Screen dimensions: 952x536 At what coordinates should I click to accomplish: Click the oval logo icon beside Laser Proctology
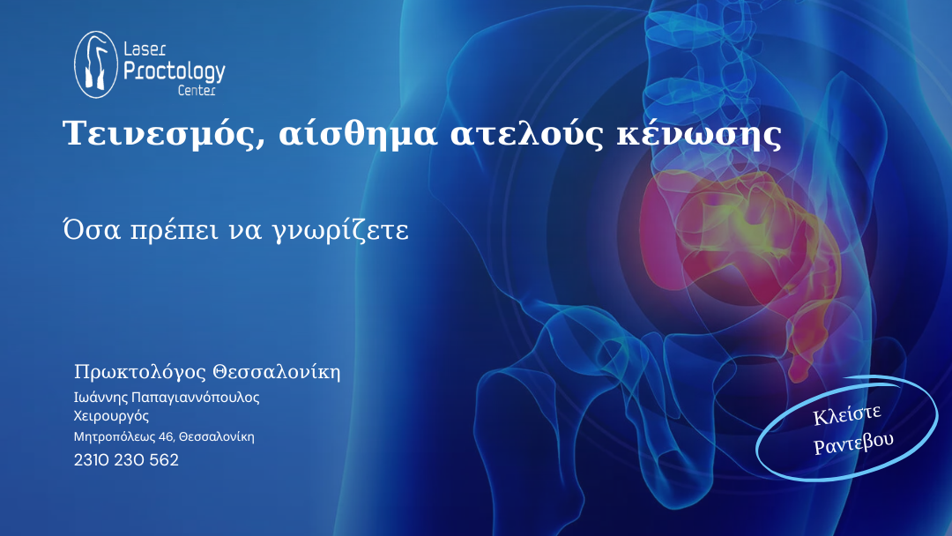pyautogui.click(x=96, y=64)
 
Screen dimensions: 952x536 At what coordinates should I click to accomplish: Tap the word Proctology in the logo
pyautogui.click(x=175, y=71)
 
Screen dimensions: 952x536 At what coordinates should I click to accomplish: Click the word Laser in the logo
pyautogui.click(x=145, y=49)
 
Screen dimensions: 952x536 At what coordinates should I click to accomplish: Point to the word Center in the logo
pyautogui.click(x=197, y=91)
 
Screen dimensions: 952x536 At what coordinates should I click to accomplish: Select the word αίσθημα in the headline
pyautogui.click(x=358, y=133)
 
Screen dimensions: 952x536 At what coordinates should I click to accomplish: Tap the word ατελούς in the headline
pyautogui.click(x=527, y=133)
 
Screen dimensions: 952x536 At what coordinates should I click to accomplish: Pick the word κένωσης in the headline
pyautogui.click(x=699, y=133)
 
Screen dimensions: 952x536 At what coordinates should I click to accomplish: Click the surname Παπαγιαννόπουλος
pyautogui.click(x=195, y=398)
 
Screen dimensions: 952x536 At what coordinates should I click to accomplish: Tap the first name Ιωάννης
pyautogui.click(x=100, y=398)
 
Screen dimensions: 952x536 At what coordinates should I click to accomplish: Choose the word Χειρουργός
pyautogui.click(x=111, y=416)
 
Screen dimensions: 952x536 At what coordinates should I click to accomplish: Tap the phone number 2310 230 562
pyautogui.click(x=126, y=460)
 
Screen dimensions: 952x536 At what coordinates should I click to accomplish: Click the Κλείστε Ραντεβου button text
pyautogui.click(x=852, y=430)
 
